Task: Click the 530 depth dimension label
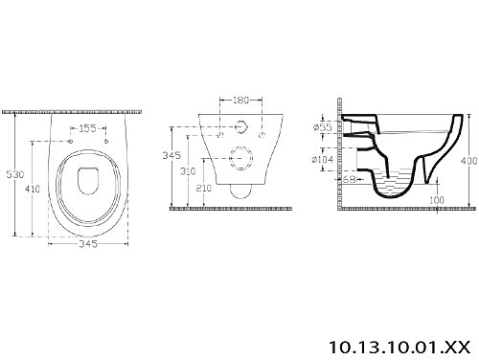[x=15, y=174]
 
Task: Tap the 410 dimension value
[x=33, y=189]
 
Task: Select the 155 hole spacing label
[x=87, y=128]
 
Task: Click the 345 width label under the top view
[x=88, y=244]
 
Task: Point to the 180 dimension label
[x=240, y=101]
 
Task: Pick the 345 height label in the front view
[x=171, y=155]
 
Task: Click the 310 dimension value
[x=188, y=171]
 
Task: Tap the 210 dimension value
[x=204, y=188]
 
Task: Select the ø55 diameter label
[x=323, y=127]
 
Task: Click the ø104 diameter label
[x=323, y=159]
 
